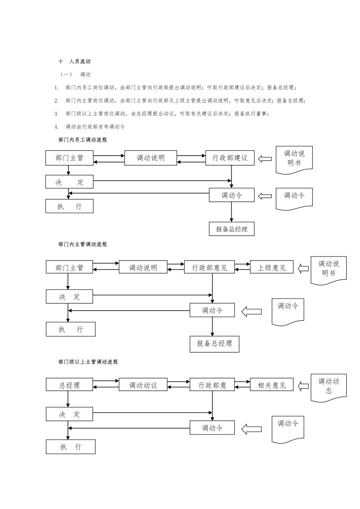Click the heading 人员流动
[80, 61]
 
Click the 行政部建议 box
[230, 158]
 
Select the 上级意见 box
[271, 267]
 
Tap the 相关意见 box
[271, 385]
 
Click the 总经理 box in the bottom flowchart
[69, 385]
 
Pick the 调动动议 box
[143, 385]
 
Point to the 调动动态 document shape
[329, 387]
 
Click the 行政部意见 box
[209, 267]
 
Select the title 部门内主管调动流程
[82, 244]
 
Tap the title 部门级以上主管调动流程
[88, 362]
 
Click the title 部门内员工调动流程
[82, 140]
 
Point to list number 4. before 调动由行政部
[56, 127]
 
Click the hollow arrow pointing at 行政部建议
[265, 159]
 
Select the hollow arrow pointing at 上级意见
[303, 268]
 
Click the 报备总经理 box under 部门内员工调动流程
[232, 229]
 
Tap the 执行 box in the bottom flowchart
[70, 447]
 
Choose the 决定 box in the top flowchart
[69, 181]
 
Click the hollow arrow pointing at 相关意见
[303, 386]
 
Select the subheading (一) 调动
[75, 74]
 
